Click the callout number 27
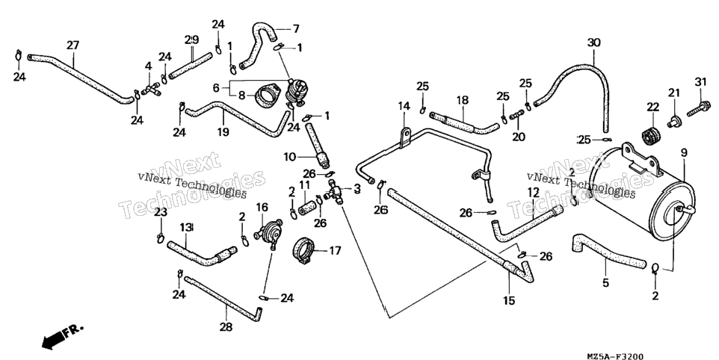tap(73, 46)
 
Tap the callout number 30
tap(594, 43)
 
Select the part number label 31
tap(700, 82)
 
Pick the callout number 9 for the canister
tap(684, 153)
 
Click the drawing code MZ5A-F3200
tap(614, 357)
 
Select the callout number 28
tap(226, 327)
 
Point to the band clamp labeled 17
tap(303, 249)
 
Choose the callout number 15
tap(509, 300)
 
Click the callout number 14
tap(404, 107)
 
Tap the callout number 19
tap(223, 133)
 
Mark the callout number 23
tap(161, 213)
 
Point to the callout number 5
tap(605, 283)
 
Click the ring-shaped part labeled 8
tap(266, 96)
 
